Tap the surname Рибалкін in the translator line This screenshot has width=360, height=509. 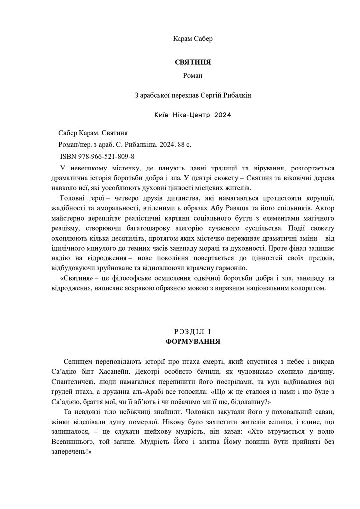point(236,95)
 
